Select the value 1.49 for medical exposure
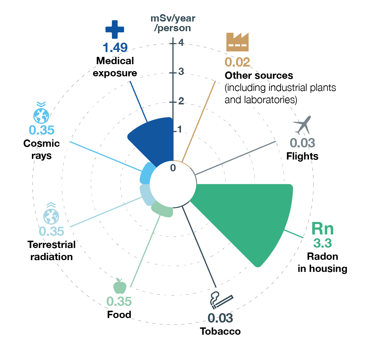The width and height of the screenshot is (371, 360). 115,47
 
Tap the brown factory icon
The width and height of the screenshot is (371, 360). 238,42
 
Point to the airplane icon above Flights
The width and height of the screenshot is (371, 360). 302,125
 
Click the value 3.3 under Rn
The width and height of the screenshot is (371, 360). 322,243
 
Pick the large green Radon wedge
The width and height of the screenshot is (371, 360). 250,215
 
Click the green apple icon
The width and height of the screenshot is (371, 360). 119,286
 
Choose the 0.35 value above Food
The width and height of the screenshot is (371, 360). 119,301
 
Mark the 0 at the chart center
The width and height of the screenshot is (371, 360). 173,168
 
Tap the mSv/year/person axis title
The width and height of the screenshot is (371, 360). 173,23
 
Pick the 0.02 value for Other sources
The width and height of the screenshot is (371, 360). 237,62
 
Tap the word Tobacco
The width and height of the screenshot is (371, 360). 220,331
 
